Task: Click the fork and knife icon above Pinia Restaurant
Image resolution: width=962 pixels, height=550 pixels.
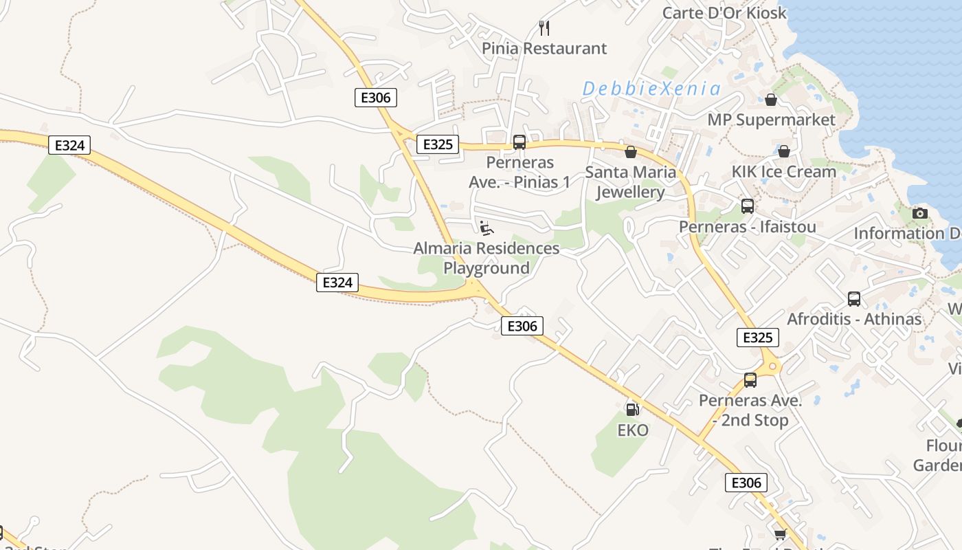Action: [x=544, y=27]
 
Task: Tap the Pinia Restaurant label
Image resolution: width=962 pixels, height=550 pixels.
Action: [x=544, y=48]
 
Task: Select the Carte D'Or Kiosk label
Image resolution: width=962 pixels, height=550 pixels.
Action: [x=724, y=12]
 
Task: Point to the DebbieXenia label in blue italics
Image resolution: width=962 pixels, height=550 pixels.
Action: [x=651, y=89]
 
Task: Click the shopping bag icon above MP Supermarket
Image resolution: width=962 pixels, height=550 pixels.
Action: [x=771, y=100]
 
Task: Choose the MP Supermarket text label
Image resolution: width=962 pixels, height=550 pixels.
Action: [x=771, y=120]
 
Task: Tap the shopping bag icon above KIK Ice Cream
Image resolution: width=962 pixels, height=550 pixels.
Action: [x=783, y=151]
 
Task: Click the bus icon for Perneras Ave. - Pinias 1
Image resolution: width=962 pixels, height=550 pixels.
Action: [x=519, y=142]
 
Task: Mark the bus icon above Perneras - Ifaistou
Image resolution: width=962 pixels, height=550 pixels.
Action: [x=748, y=206]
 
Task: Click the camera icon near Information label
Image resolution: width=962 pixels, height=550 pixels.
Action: [x=920, y=213]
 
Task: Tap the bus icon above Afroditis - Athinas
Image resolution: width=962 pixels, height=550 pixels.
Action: [x=854, y=299]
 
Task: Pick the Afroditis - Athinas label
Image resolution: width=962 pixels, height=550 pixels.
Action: [x=854, y=319]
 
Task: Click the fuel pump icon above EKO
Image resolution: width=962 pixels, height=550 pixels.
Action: [x=632, y=409]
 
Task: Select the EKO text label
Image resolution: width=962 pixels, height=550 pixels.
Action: [x=633, y=430]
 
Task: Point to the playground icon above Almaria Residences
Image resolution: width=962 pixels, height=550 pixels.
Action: [x=486, y=228]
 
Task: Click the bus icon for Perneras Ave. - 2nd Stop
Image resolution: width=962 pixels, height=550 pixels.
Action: [x=750, y=380]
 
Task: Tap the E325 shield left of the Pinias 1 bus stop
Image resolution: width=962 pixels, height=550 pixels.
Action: [x=438, y=144]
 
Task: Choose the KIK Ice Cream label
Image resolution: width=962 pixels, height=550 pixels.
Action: [x=783, y=171]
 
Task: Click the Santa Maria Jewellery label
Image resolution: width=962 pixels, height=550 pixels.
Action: [x=631, y=182]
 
